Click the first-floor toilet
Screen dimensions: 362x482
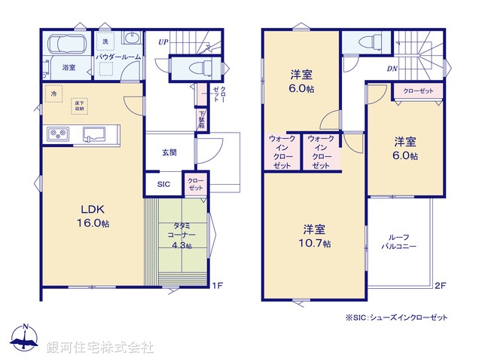[x=197, y=68]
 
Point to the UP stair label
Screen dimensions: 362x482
[x=163, y=42]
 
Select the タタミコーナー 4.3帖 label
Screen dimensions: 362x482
[x=179, y=235]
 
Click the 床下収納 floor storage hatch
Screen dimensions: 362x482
[x=78, y=106]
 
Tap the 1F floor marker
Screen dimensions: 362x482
[x=218, y=285]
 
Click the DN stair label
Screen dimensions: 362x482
[x=392, y=69]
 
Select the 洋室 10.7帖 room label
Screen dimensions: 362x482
[x=315, y=235]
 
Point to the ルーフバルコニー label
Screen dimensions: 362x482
[x=394, y=241]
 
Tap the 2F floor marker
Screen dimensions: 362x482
[x=440, y=285]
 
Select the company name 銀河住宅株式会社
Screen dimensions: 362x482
[x=100, y=348]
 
